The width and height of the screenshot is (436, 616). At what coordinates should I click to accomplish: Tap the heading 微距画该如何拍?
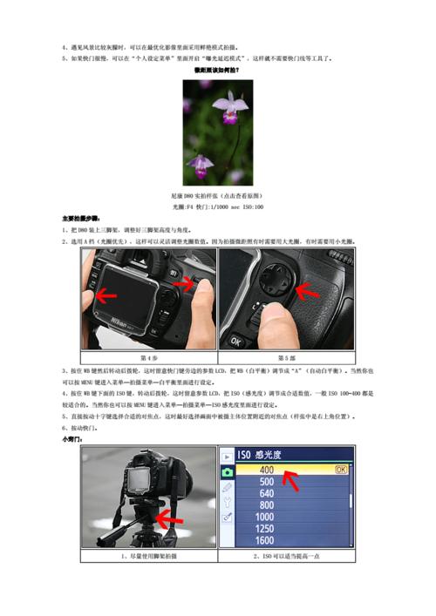(x=217, y=71)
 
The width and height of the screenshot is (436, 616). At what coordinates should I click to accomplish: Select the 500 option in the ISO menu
(x=267, y=481)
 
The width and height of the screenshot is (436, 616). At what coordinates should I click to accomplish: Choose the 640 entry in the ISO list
(x=267, y=493)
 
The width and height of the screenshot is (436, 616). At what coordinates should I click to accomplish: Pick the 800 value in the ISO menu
(x=267, y=505)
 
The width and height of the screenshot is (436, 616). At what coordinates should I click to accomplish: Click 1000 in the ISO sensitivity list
(x=267, y=517)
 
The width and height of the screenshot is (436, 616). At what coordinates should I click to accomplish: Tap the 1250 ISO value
(x=267, y=528)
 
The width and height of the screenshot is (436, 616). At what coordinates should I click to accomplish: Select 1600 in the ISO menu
(x=267, y=540)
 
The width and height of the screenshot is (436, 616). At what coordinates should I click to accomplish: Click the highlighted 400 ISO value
(x=267, y=469)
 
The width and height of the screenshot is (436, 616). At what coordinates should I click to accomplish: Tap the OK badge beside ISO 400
(x=340, y=469)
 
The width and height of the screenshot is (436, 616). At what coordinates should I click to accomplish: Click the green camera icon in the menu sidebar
(x=228, y=471)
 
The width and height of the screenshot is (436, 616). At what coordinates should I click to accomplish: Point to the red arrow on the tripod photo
(x=169, y=521)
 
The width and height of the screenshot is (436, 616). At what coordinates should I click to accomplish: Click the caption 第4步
(x=148, y=357)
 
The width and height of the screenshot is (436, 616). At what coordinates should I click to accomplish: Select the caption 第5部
(x=286, y=357)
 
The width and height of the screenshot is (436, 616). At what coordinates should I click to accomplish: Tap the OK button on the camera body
(x=233, y=339)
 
